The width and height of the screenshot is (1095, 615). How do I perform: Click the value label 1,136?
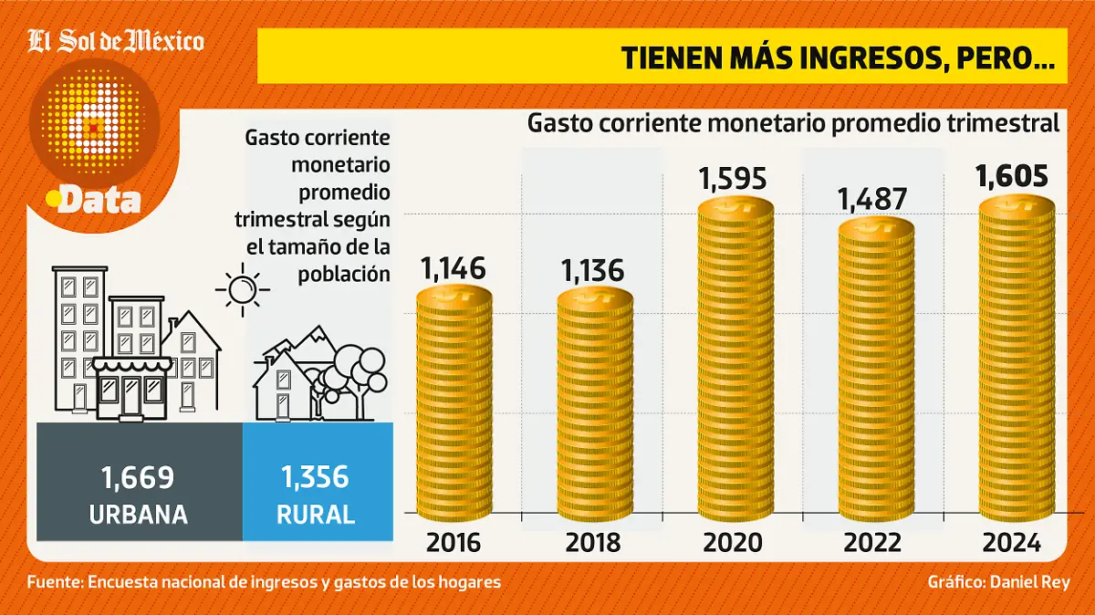593,271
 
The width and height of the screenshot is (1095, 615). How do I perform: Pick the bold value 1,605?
1012,176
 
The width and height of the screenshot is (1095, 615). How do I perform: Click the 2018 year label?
593,543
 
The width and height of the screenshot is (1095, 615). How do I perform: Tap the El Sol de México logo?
116,41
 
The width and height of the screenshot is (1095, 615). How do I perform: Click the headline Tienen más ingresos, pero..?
838,57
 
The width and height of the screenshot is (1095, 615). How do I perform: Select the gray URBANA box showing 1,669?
139,494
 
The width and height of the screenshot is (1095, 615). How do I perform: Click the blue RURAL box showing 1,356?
317,494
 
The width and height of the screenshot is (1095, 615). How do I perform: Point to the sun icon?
243,290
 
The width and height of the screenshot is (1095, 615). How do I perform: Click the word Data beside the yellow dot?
99,201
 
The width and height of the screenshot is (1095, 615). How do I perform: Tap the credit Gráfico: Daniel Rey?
997,582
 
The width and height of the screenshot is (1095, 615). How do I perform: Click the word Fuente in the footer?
54,582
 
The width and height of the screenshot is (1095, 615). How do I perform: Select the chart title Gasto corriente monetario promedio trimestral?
792,123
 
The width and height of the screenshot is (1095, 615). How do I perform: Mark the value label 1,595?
734,178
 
